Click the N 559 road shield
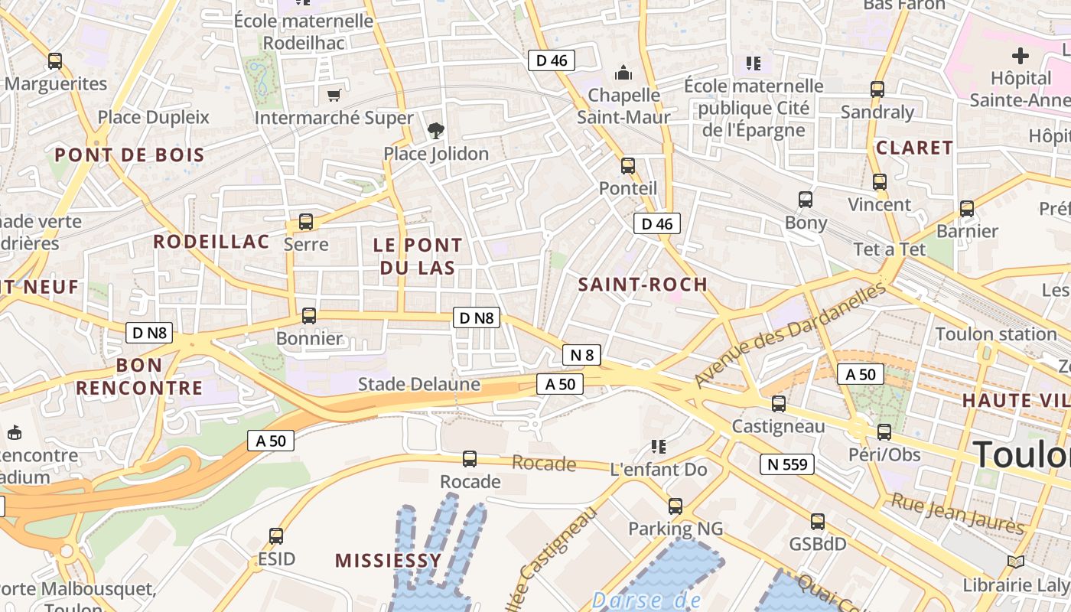click(787, 464)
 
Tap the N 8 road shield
click(581, 354)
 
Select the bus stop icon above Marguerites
click(54, 61)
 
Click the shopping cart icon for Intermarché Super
click(334, 95)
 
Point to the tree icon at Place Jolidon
click(436, 130)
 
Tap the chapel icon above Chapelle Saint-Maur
click(623, 73)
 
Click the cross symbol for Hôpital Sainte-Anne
click(1020, 56)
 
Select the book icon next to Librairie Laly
click(1015, 562)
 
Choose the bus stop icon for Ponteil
click(627, 165)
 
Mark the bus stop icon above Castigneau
click(778, 403)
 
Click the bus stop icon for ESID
click(276, 535)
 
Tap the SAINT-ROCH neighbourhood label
click(643, 285)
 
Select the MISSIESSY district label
click(389, 561)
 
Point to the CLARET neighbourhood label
click(914, 148)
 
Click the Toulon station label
click(995, 334)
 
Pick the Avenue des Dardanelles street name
click(790, 334)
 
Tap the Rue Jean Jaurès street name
click(957, 513)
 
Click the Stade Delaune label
click(418, 384)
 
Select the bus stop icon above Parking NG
click(675, 506)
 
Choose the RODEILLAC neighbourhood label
click(212, 242)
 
